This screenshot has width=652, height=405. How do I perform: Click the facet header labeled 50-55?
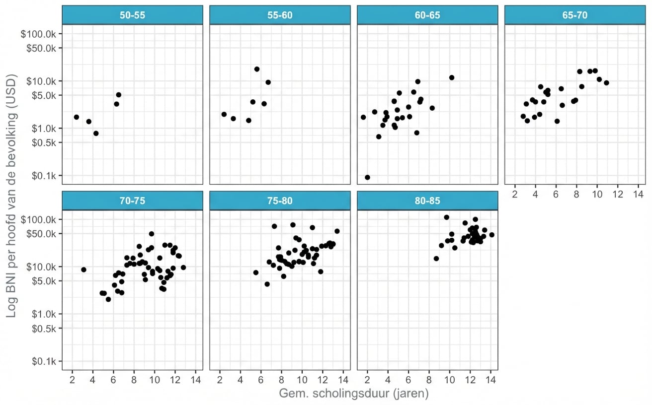(x=132, y=15)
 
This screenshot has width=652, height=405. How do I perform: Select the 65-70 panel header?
(x=575, y=15)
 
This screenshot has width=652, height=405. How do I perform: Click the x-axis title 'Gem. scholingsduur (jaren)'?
(x=354, y=394)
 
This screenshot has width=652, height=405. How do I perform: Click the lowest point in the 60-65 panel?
(x=367, y=177)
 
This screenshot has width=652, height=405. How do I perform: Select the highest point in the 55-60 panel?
(x=257, y=69)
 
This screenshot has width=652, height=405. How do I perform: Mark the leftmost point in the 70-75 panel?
(x=83, y=270)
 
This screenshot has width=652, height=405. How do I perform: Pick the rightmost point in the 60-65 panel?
(x=452, y=77)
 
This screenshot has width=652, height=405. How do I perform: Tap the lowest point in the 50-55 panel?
(x=96, y=133)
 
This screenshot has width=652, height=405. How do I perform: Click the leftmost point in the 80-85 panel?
(x=436, y=259)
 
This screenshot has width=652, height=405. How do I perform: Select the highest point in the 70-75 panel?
(x=152, y=234)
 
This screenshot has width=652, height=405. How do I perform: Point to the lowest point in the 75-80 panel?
(x=267, y=284)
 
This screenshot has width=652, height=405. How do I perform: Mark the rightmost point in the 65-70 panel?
(x=606, y=83)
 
